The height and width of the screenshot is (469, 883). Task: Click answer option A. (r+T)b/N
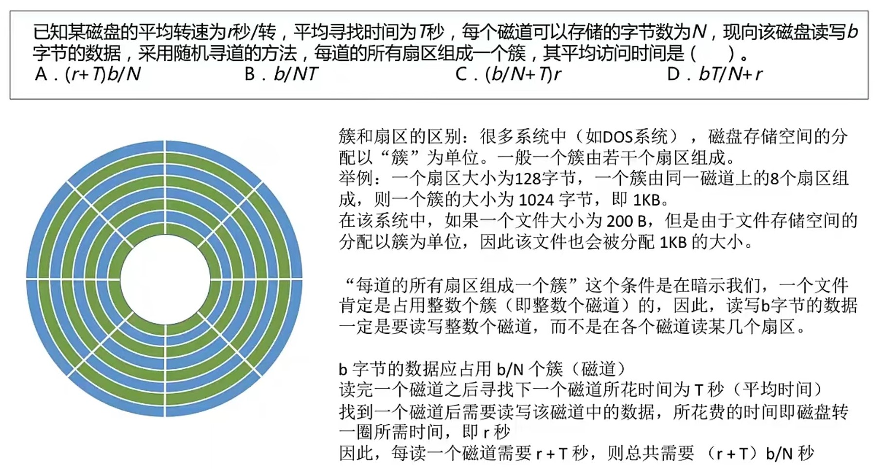(x=88, y=74)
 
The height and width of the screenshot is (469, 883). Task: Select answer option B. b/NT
(x=281, y=74)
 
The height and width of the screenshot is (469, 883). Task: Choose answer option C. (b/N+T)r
(x=509, y=74)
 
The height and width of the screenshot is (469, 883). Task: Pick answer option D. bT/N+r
(x=715, y=74)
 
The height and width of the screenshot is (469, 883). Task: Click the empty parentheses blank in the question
(x=712, y=53)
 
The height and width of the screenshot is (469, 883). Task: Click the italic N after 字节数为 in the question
(x=699, y=32)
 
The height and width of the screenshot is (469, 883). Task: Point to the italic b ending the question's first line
(x=852, y=32)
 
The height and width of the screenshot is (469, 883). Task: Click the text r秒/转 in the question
(x=251, y=32)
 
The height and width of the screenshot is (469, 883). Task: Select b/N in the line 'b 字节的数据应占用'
(x=510, y=370)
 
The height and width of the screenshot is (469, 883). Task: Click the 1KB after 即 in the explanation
(x=647, y=200)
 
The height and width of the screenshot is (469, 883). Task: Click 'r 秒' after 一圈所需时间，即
(x=496, y=432)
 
